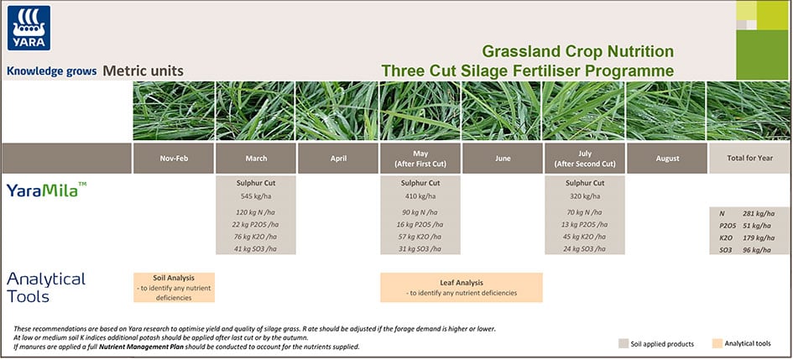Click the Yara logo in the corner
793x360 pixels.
coord(29,29)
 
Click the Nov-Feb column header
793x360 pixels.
coord(173,159)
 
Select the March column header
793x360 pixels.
coord(256,159)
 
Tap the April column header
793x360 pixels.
coord(338,159)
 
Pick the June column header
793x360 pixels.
coord(503,159)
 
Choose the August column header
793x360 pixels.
coord(667,159)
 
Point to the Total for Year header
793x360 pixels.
coord(749,159)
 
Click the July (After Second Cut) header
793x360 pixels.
coord(585,159)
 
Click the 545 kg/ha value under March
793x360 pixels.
coord(256,196)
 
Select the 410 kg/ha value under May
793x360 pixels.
coord(420,196)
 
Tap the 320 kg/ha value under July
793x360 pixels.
coord(585,196)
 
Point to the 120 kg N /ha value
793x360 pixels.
coord(256,212)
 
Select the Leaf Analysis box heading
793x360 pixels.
coord(462,283)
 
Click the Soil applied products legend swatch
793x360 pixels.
coord(623,343)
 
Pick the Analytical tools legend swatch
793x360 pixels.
coord(716,343)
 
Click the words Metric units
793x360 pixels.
coord(143,71)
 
